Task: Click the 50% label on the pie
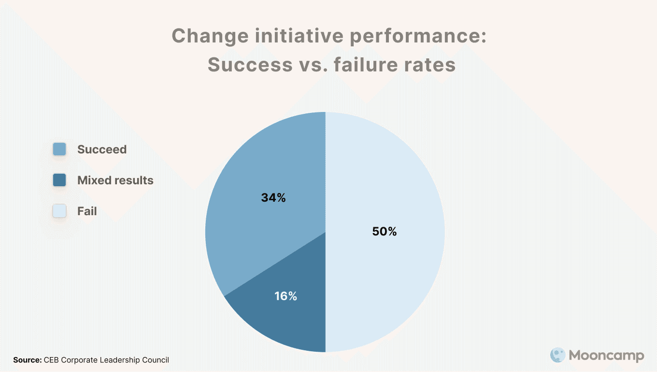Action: coord(385,232)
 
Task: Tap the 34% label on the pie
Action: coord(273,198)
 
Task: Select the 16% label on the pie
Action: coord(286,296)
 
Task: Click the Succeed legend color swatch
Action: coord(59,150)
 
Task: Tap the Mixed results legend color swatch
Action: coord(59,180)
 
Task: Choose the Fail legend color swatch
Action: coord(59,211)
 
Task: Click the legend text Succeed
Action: coord(102,150)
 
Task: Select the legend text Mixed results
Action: coord(115,180)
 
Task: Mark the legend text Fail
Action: coord(87,211)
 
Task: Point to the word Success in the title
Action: coord(246,64)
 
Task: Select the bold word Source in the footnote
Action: coord(27,360)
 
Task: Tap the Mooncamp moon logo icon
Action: coord(558,356)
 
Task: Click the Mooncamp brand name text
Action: coord(606,356)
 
